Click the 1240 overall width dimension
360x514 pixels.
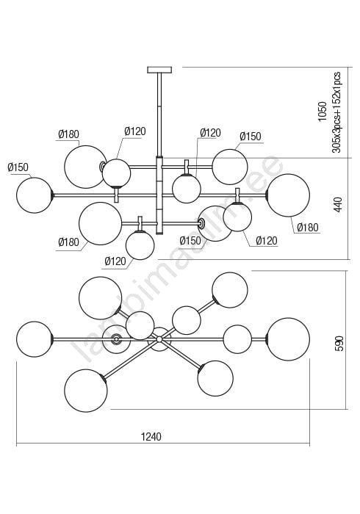[x=151, y=437]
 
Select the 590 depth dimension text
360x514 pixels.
[x=340, y=343]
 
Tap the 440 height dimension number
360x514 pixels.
[x=338, y=205]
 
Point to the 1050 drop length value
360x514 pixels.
[x=323, y=112]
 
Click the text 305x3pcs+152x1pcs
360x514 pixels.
[x=336, y=112]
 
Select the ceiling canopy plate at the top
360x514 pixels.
[x=159, y=70]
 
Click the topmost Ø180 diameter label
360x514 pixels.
[x=68, y=134]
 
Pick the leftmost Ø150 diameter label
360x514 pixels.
[x=18, y=167]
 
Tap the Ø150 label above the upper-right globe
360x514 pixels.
[x=251, y=137]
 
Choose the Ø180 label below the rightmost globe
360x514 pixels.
[x=308, y=227]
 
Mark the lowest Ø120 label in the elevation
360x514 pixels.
[x=115, y=261]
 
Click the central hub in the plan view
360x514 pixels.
[x=159, y=339]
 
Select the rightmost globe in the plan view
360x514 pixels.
[x=288, y=339]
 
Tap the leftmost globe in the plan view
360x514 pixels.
[x=35, y=339]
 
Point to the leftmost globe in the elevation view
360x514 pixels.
[x=35, y=195]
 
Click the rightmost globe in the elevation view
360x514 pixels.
[x=288, y=195]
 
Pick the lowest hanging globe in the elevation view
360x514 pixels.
[x=140, y=245]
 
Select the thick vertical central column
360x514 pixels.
[x=159, y=196]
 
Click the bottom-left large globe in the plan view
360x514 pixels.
[x=86, y=390]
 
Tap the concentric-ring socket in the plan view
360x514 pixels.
[x=116, y=339]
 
